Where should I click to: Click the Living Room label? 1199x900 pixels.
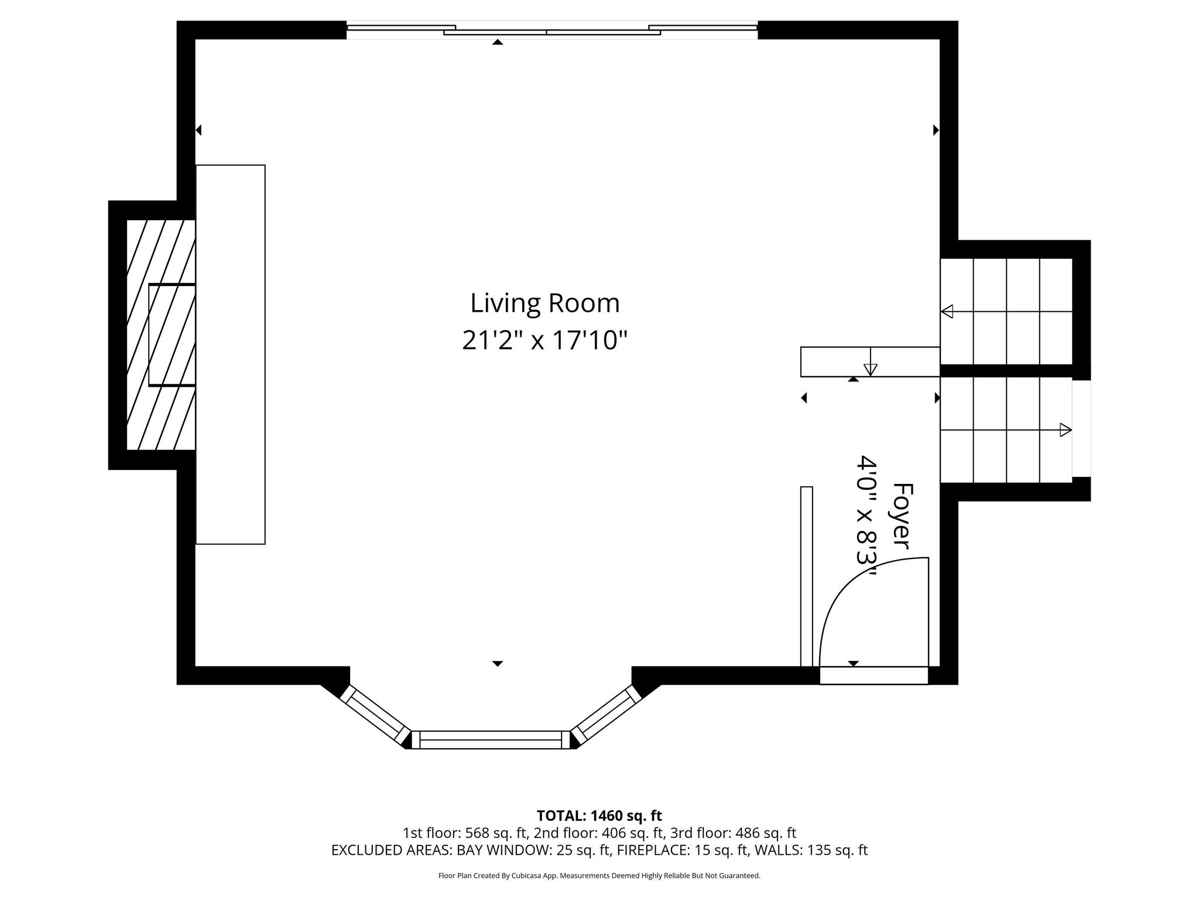pos(545,304)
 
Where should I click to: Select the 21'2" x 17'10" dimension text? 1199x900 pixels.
pos(545,340)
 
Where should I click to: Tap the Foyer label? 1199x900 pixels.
pos(902,516)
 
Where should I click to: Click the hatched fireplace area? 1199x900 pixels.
pos(161,335)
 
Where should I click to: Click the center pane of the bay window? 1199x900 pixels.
pos(491,740)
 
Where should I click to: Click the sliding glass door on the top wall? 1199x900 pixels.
pos(552,30)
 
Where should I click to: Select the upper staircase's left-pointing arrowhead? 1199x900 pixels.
pos(947,312)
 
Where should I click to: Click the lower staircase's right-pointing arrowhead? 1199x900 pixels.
pos(1066,430)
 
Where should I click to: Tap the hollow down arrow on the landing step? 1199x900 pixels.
pos(871,369)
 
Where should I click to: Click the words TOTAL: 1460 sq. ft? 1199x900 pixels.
pos(599,816)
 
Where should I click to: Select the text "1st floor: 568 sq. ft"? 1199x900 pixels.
pos(466,833)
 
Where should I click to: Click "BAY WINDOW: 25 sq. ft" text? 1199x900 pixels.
pos(535,850)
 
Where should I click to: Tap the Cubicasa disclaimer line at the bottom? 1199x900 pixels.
pos(599,876)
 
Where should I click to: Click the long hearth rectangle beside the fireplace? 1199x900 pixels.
pos(231,354)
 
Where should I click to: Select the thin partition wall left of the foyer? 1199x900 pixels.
pos(807,577)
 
